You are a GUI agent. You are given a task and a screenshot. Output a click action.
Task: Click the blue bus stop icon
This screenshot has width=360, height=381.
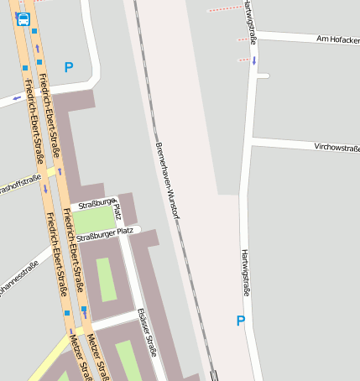coord(22,18)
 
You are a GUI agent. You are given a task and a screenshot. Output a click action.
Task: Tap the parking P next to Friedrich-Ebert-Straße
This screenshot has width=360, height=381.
coord(69,67)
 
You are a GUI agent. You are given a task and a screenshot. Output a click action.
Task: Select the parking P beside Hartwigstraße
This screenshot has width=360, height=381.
coord(241,320)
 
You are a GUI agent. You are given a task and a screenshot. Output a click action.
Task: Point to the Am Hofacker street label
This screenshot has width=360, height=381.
coord(337,39)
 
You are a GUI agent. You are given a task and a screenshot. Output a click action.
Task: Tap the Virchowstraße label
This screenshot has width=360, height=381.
coord(337,147)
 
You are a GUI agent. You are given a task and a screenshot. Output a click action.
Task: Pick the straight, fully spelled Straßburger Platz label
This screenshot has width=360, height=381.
coord(105,234)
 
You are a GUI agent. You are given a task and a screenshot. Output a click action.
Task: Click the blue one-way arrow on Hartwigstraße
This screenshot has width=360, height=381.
coord(254,60)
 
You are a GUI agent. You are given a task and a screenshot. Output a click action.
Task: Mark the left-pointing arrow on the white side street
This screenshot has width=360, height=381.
coord(18,97)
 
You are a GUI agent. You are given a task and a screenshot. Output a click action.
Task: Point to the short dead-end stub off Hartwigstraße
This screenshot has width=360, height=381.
coord(263,76)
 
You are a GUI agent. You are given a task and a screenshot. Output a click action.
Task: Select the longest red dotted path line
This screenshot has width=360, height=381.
coord(222,9)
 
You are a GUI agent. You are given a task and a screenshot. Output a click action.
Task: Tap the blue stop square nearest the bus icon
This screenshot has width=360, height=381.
coord(34,32)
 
